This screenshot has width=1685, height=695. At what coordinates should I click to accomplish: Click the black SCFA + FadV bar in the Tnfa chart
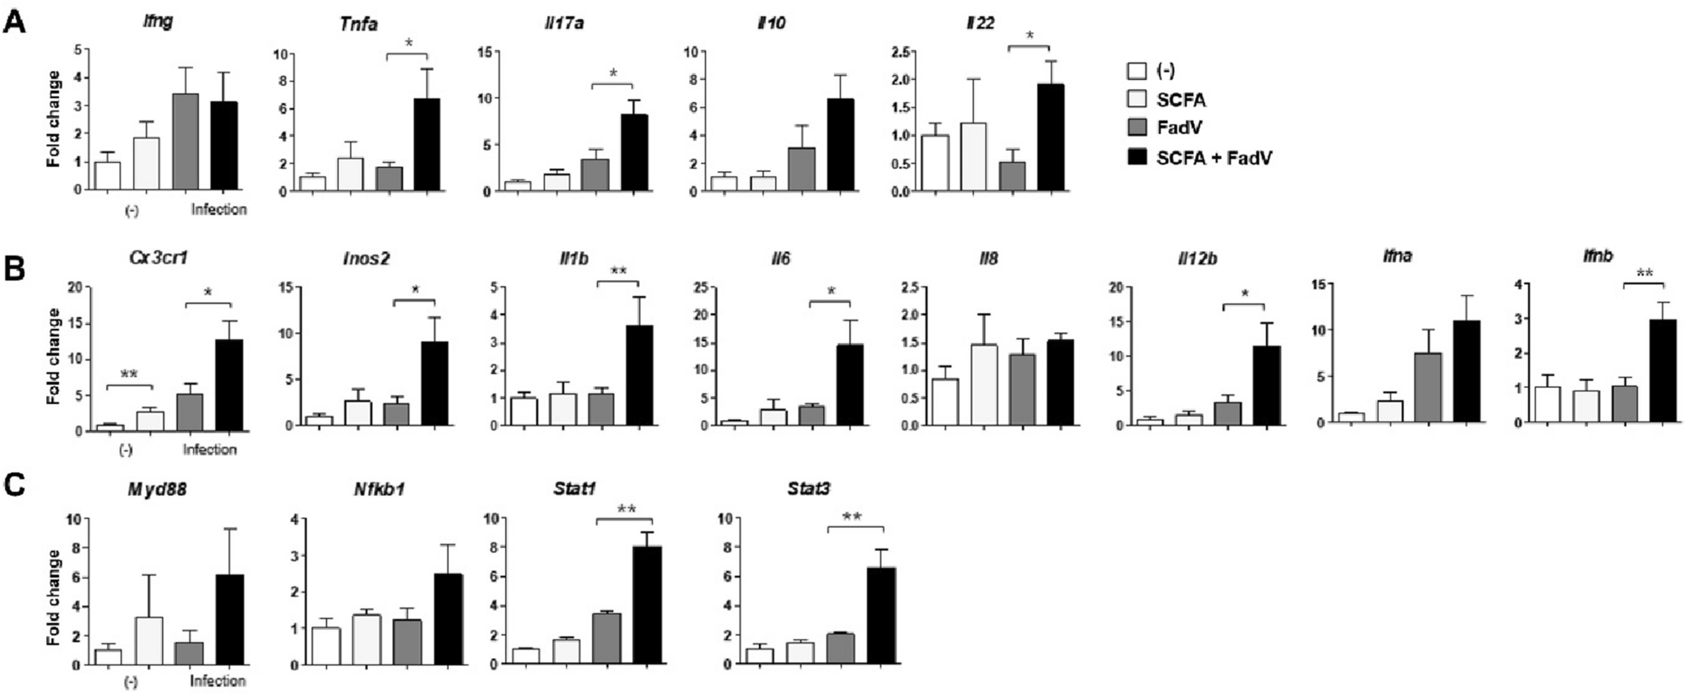pos(426,145)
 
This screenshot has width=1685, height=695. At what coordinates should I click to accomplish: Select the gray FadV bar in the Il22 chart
pos(1012,176)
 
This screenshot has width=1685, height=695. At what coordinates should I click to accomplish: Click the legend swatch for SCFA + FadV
pos(1137,156)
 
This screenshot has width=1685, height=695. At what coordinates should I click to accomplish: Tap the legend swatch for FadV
pos(1137,127)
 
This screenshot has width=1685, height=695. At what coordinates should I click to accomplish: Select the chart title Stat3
pos(809,488)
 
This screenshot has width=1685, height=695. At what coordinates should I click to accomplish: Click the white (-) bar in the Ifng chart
pos(107,175)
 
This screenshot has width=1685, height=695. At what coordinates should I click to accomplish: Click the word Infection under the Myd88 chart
pos(218,680)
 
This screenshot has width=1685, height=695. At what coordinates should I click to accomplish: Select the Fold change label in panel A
pos(54,118)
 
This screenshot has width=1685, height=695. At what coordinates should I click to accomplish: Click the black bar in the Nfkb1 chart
pos(448,618)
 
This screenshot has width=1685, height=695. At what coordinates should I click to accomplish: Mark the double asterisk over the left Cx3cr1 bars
pos(129,374)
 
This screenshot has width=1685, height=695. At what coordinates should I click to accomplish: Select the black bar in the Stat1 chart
pos(647,605)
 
